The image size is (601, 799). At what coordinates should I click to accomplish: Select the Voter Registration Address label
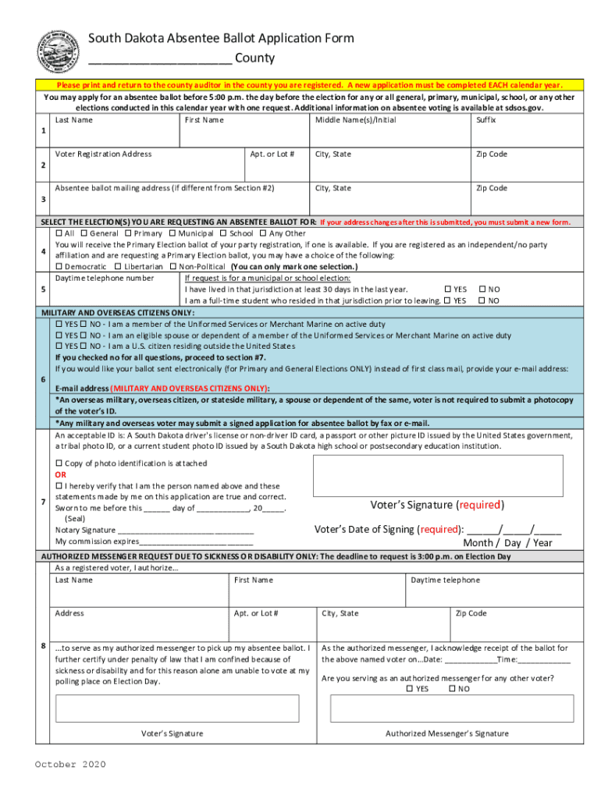coord(103,154)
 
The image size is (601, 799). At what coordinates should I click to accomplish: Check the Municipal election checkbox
coord(174,233)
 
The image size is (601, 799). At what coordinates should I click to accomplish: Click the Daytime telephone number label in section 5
coord(104,278)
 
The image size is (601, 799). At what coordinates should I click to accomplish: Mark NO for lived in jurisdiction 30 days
coord(482,289)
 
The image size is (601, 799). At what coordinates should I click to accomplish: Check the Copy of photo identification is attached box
coord(59,463)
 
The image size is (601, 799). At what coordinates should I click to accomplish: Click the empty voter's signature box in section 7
coord(438,475)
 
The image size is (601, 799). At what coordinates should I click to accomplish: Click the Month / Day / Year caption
coord(507,543)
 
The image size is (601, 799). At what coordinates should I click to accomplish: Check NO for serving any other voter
coord(452,689)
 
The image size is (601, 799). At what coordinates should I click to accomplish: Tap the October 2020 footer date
coord(70,765)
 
